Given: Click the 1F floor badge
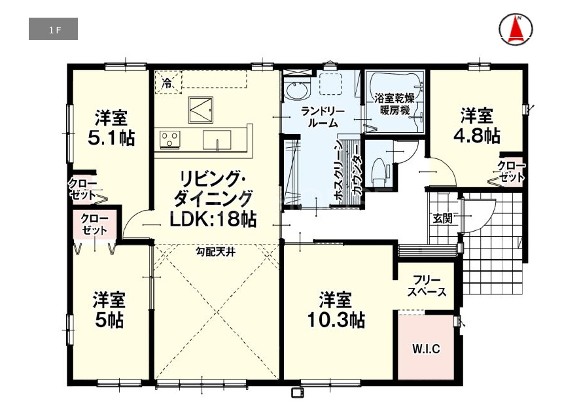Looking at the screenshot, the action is pos(53,29).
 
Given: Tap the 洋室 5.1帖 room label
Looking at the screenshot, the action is pos(111,128).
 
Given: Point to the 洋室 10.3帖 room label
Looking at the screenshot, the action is pos(336,310).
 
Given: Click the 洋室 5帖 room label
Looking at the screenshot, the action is pos(109,310).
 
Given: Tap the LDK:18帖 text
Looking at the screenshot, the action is pos(213,219).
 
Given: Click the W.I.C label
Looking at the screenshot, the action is pos(426,349).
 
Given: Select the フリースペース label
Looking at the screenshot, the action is pos(427,286).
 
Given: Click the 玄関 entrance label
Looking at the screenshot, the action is pos(443,218).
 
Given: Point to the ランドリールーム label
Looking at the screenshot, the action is pos(323,117).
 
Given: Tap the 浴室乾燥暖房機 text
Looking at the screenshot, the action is pos(395,104).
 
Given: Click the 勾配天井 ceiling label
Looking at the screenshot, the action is pos(215,252).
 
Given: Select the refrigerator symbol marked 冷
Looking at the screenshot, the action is pos(168,82).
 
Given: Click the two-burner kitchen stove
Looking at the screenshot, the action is pos(169,140).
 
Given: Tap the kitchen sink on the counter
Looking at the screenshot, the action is pos(217,140).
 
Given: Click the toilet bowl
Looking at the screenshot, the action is pos(379,169).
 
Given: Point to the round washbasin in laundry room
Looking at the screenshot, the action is pos(297,90).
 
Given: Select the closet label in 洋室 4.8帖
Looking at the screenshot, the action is pos(511,171).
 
